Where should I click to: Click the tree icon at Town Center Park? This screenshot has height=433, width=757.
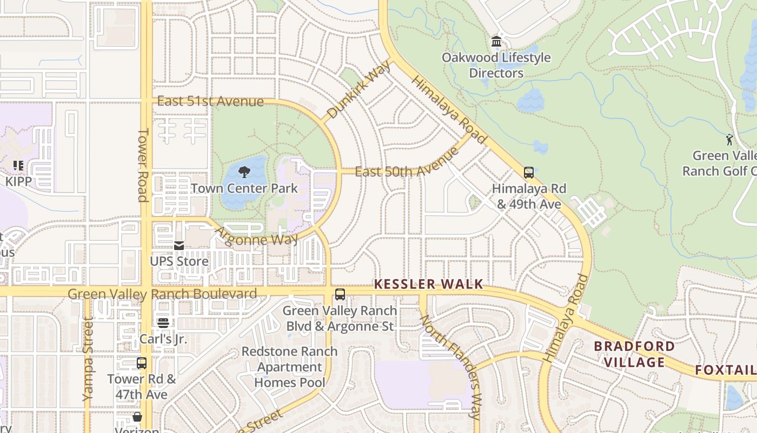click(x=244, y=173)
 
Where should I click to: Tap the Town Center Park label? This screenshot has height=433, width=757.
click(x=244, y=188)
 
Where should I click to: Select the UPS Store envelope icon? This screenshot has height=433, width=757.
click(x=179, y=246)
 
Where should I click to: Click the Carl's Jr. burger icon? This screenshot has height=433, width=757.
click(x=163, y=323)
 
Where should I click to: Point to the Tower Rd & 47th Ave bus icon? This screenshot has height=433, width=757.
click(x=142, y=363)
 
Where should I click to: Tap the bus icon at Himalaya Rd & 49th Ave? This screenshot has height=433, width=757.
click(x=529, y=173)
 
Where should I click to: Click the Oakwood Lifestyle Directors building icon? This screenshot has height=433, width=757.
click(x=496, y=42)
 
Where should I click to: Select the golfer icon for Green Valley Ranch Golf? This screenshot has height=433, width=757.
click(x=729, y=140)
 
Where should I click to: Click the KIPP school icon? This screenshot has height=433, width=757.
click(x=18, y=166)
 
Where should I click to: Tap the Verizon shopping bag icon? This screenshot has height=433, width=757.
click(x=137, y=417)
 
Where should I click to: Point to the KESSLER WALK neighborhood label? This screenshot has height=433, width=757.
click(x=428, y=285)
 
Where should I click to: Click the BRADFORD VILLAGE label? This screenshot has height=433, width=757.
click(x=634, y=354)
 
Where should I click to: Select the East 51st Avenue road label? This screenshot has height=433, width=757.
click(x=210, y=102)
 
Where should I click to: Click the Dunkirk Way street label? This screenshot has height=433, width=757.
click(x=359, y=90)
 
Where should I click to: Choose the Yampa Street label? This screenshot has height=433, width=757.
click(x=88, y=360)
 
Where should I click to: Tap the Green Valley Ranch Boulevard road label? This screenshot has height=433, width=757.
click(x=162, y=294)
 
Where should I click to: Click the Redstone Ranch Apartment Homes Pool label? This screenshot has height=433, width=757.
click(x=289, y=367)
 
